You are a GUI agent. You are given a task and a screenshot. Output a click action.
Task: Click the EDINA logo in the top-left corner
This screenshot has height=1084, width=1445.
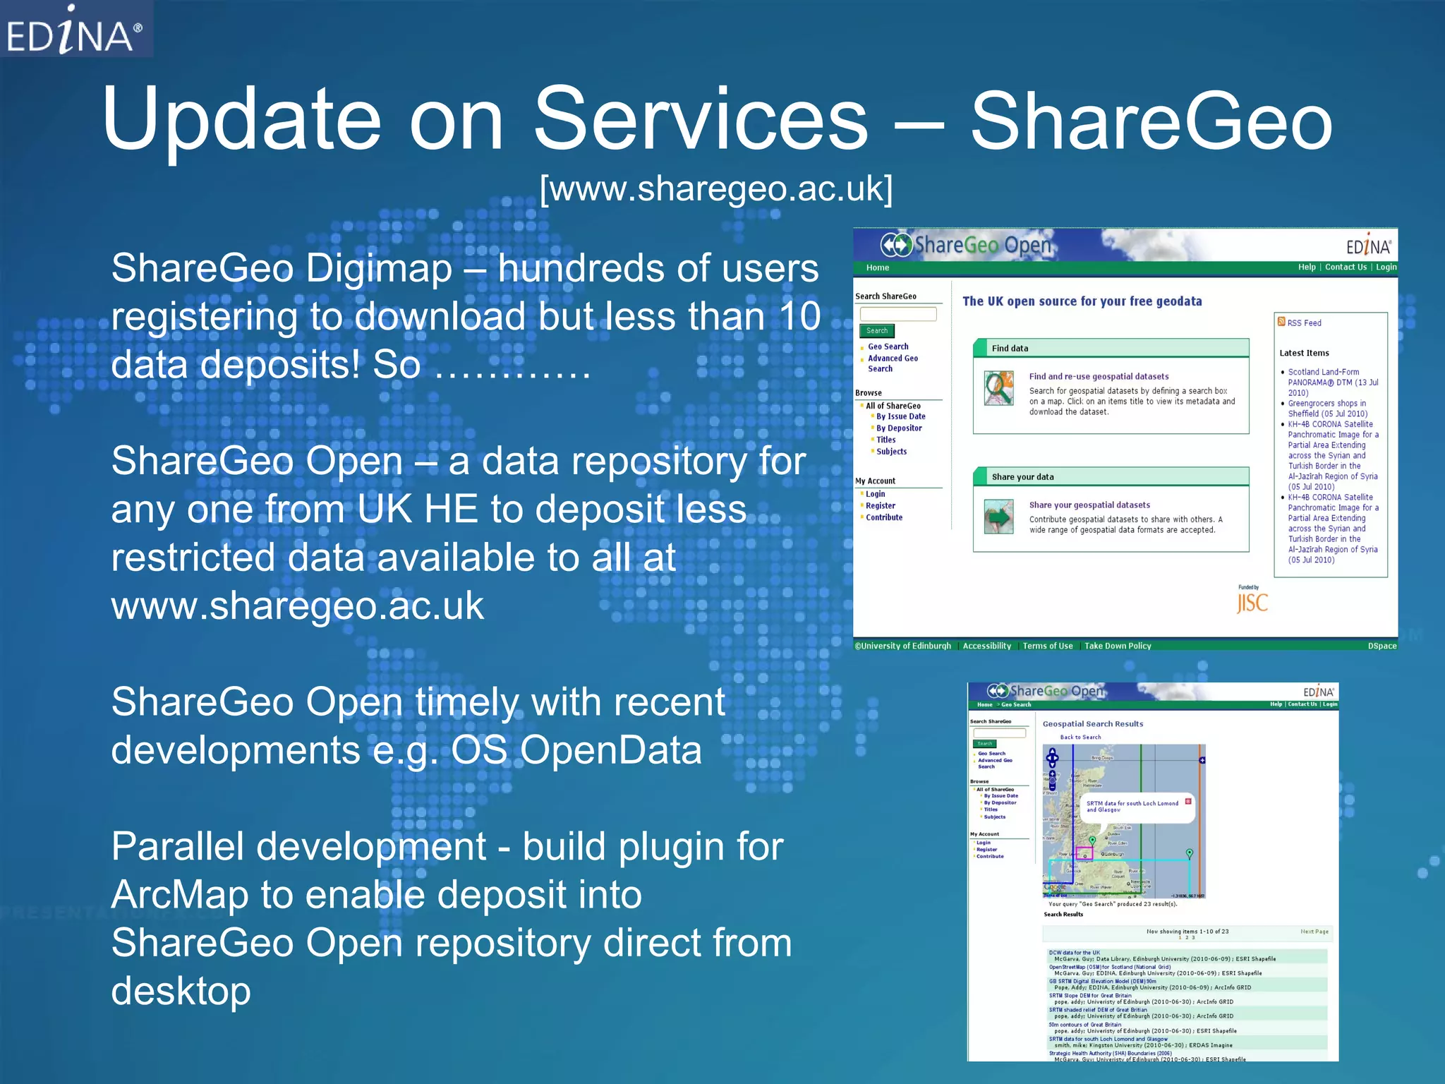(x=75, y=31)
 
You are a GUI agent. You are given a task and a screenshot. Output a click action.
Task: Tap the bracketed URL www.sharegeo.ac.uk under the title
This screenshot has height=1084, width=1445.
(x=715, y=188)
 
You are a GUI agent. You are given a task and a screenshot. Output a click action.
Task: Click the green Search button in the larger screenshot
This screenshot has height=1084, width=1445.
(x=877, y=331)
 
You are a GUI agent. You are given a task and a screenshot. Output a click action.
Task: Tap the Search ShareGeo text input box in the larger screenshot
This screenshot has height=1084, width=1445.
(x=897, y=314)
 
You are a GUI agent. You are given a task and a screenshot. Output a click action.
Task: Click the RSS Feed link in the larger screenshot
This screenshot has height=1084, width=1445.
(x=1303, y=323)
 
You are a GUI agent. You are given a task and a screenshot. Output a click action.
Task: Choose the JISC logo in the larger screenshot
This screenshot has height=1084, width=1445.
(x=1252, y=602)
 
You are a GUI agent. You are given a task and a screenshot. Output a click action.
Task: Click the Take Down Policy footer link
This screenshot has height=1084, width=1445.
(x=1118, y=646)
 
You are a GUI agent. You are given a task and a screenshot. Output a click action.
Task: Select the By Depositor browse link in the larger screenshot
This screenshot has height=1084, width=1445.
(x=899, y=428)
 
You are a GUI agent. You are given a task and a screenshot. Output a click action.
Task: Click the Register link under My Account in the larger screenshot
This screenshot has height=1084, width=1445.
(x=881, y=506)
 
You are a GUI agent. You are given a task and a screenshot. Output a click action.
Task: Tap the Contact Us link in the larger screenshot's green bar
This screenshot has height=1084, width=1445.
(x=1346, y=267)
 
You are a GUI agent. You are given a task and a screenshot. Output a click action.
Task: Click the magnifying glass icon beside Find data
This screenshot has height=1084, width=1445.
(x=999, y=387)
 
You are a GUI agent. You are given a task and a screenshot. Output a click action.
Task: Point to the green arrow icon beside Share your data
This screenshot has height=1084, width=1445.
(x=999, y=517)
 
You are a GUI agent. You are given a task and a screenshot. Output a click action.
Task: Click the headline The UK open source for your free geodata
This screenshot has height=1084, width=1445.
(x=1082, y=301)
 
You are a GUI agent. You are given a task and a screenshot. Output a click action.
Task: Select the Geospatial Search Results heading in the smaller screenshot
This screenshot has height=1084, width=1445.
(x=1093, y=724)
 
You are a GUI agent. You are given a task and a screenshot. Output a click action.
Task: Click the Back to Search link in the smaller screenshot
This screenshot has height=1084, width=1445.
(x=1080, y=737)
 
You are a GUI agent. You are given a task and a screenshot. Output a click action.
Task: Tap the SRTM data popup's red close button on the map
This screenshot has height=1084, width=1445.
(x=1188, y=801)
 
